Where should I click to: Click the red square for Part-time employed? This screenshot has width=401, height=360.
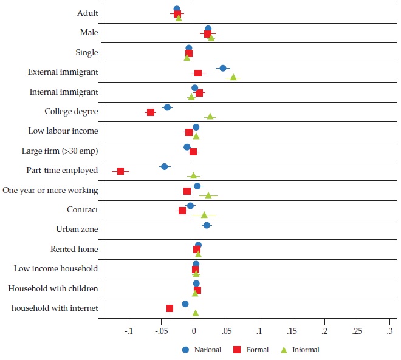120,171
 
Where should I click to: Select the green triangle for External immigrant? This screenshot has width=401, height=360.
233,77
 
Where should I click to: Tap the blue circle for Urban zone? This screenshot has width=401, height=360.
207,225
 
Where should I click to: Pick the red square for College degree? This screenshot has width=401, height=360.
150,112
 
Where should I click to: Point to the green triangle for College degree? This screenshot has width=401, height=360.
210,115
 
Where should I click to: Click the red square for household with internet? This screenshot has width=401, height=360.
170,308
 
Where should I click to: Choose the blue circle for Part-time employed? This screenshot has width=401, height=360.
164,166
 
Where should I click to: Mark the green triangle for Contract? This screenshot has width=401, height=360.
204,214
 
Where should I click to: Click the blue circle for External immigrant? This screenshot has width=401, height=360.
223,68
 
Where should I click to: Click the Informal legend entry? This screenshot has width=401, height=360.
304,350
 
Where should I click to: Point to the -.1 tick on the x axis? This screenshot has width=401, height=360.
128,331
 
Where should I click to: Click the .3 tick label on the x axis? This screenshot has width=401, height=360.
389,331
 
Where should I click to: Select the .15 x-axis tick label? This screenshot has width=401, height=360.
292,331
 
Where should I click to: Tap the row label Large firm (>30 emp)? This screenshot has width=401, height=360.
63,151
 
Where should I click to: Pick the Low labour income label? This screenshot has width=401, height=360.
63,131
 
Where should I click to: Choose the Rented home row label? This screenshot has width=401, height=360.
74,250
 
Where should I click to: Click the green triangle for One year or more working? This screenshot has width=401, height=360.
208,195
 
